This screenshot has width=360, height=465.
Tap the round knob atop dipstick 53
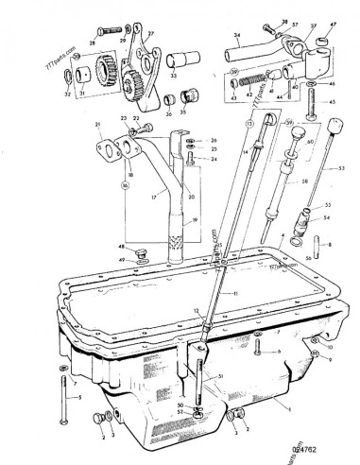(310, 125)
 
